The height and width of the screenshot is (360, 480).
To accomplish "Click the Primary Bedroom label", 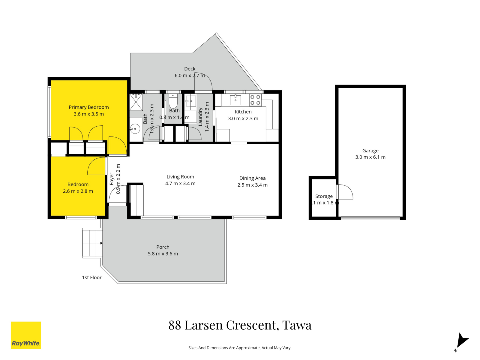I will (88, 107).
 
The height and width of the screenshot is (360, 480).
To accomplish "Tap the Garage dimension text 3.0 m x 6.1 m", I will (370, 157).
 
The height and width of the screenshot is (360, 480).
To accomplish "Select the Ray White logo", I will (26, 335).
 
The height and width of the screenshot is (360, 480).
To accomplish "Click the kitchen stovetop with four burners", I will (255, 100).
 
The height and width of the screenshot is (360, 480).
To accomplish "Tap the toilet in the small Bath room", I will (173, 101).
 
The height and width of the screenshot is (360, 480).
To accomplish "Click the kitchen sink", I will (235, 100).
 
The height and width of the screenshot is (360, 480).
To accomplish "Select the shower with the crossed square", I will (136, 102).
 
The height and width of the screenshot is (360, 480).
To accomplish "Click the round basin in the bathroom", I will (135, 129).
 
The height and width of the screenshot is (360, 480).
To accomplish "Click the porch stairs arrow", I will (101, 243).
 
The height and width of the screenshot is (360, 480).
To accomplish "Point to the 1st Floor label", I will (92, 277).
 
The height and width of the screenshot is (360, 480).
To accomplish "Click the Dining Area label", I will (252, 178).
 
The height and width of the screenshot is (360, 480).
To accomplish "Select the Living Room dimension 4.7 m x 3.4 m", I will (180, 184).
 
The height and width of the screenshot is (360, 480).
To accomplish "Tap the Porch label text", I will (163, 247).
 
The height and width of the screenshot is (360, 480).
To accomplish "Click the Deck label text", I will (190, 69).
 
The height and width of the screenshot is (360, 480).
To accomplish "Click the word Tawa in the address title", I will (297, 325).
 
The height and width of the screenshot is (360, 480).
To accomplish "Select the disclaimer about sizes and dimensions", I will (240, 348).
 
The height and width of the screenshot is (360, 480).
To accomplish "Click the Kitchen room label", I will (243, 112).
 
